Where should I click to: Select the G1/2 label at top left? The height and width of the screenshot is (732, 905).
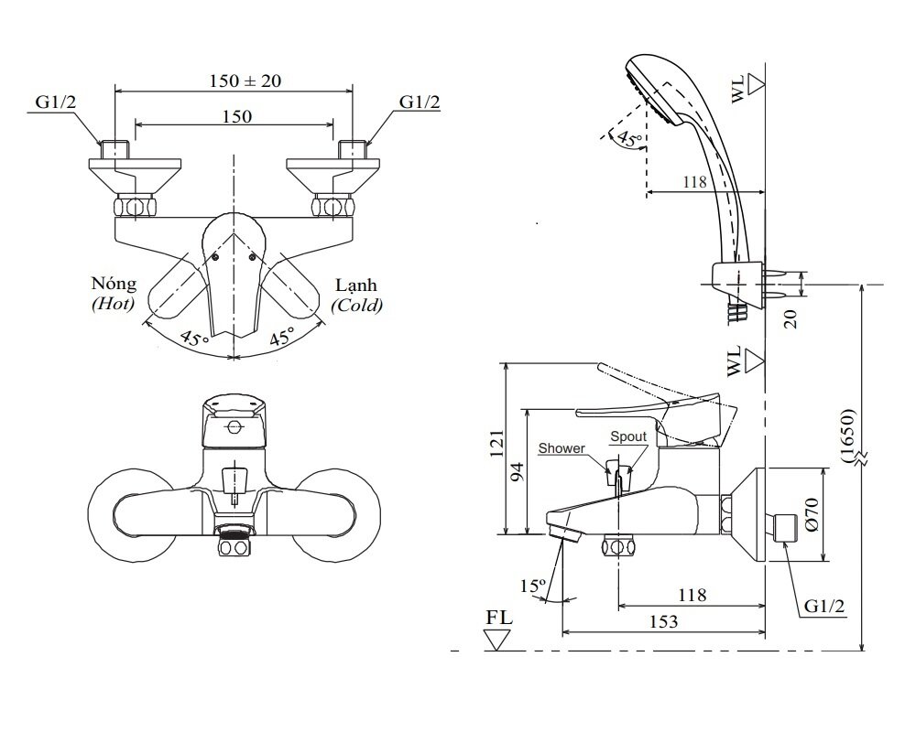(57, 102)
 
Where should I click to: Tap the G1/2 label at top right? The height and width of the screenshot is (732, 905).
(419, 102)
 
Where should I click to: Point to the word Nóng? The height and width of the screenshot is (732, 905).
(113, 284)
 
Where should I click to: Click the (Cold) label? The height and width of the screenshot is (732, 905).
(357, 305)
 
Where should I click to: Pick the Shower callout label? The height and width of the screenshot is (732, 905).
(561, 448)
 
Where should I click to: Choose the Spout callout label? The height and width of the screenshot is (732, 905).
(628, 437)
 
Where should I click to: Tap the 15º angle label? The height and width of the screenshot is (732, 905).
(533, 585)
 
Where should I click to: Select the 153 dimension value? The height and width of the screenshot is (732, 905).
(665, 621)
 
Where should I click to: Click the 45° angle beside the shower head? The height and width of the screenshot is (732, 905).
(627, 138)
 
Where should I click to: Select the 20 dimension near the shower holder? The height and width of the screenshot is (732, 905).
(791, 318)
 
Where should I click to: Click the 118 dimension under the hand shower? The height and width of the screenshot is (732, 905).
(694, 181)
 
